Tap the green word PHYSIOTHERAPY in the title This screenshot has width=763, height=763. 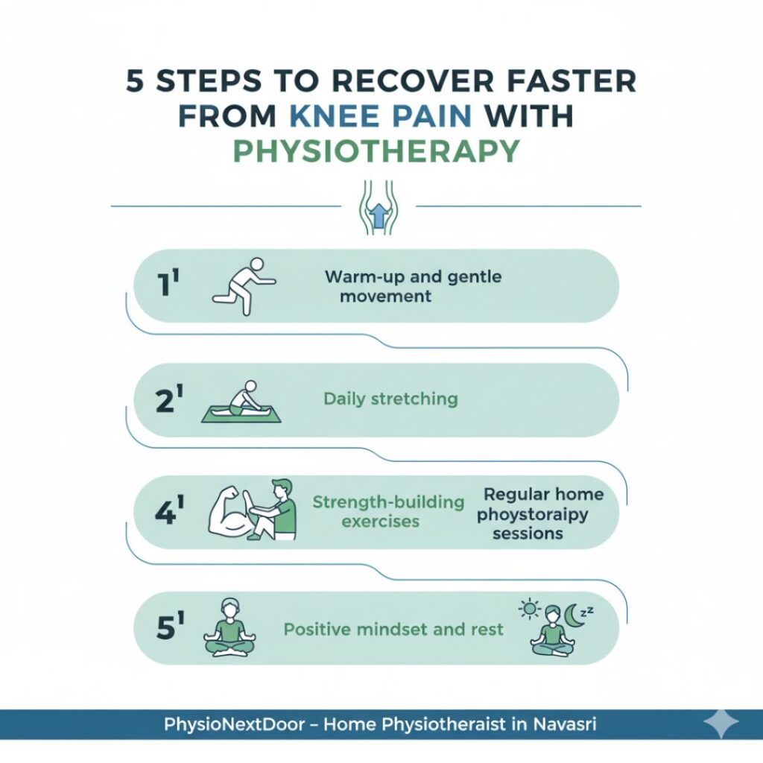point(376,151)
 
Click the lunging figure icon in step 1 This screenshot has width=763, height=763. point(242,286)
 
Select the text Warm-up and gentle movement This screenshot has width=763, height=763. point(413,286)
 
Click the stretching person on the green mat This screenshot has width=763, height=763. point(236,402)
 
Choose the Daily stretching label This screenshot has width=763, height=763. point(390,399)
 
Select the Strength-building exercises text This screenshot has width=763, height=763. point(388,510)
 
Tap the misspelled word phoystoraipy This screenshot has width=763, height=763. point(532,514)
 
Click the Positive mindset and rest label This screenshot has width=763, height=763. point(393,629)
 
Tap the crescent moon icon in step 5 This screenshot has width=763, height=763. point(574,615)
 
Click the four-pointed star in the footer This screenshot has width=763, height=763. point(721,724)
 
